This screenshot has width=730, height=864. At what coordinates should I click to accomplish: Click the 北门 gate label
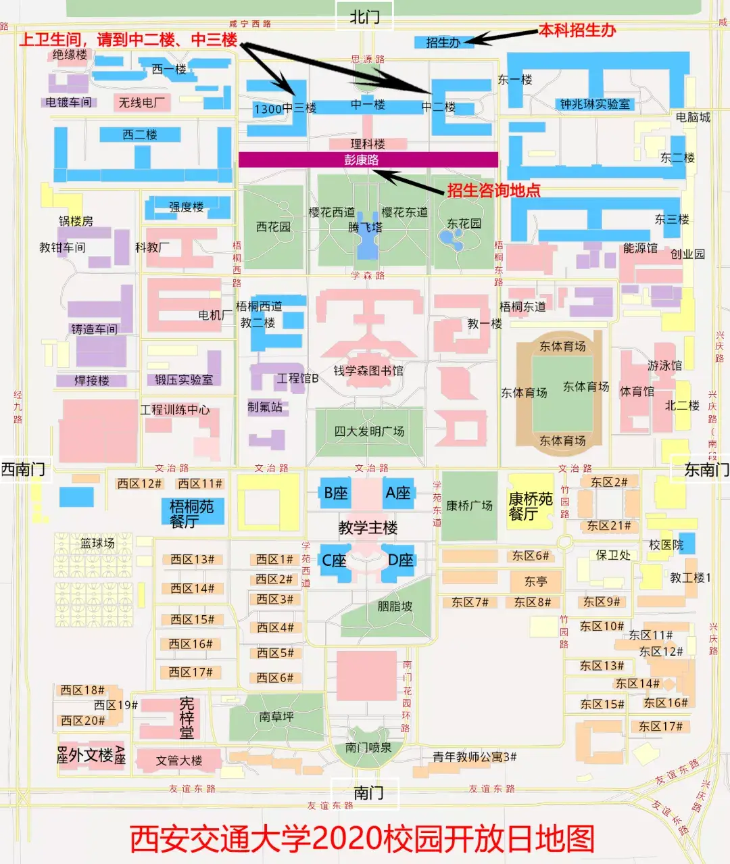(x=364, y=17)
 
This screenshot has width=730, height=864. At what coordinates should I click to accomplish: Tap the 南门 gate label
(x=368, y=792)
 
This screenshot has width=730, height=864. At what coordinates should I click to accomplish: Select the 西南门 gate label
(x=23, y=469)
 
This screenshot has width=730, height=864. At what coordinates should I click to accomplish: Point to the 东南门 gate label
(x=706, y=469)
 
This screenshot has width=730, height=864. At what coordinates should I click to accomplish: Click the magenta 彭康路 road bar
(x=368, y=160)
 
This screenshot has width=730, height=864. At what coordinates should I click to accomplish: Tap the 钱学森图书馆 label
(x=368, y=370)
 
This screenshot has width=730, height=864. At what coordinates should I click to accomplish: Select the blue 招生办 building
(x=443, y=42)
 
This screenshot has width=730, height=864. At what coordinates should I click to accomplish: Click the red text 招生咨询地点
(x=493, y=190)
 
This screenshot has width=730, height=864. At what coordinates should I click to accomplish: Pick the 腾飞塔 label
(x=365, y=227)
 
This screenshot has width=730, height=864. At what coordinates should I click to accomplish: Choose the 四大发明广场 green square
(x=369, y=431)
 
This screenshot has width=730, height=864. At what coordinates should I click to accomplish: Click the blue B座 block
(x=335, y=494)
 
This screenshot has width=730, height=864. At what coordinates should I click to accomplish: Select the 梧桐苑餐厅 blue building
(x=192, y=513)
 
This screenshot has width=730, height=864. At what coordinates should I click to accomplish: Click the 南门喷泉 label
(x=368, y=747)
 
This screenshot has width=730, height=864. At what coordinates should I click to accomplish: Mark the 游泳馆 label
(x=664, y=366)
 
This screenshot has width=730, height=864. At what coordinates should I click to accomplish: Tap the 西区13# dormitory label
(x=192, y=559)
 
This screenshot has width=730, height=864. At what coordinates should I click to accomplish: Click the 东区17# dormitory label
(x=660, y=726)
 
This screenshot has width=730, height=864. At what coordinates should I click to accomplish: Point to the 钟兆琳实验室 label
(x=595, y=104)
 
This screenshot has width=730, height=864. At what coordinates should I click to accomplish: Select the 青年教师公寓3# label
(x=474, y=757)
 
